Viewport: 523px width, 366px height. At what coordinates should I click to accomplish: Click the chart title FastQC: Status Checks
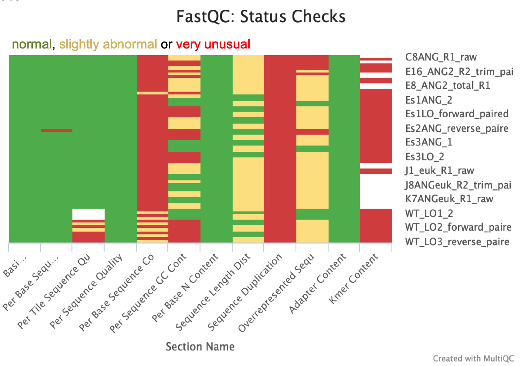tap(261, 16)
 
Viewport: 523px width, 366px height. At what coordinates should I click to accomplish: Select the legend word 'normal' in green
tap(32, 44)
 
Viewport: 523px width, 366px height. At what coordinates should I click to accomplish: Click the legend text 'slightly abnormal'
tap(108, 44)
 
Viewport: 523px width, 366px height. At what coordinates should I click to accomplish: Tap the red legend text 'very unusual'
tap(213, 44)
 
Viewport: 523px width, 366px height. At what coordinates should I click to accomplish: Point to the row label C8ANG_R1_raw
tap(441, 57)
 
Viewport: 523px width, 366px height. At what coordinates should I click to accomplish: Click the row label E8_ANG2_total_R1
tap(448, 85)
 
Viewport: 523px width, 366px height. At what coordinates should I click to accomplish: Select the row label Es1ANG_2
tap(429, 100)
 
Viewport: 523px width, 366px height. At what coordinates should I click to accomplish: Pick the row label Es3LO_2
tap(425, 157)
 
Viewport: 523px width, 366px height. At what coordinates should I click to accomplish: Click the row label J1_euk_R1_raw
tap(439, 171)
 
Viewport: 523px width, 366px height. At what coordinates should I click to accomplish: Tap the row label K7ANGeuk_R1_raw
tap(449, 199)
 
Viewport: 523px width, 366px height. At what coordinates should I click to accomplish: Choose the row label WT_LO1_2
tap(429, 213)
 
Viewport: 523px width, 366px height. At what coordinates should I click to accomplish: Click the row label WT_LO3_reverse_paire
tap(457, 242)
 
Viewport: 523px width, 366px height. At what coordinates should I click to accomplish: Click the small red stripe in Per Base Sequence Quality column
tap(56, 130)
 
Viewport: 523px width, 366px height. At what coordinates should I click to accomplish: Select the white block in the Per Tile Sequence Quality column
tap(88, 214)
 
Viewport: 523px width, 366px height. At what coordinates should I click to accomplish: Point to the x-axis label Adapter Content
tap(318, 283)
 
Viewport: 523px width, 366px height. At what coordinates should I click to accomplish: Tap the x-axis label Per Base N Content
tap(185, 287)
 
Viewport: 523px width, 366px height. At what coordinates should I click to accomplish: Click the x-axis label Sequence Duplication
tap(245, 292)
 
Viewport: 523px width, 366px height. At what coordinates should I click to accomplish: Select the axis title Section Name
tap(200, 346)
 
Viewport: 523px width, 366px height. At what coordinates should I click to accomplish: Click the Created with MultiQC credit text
tap(473, 358)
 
